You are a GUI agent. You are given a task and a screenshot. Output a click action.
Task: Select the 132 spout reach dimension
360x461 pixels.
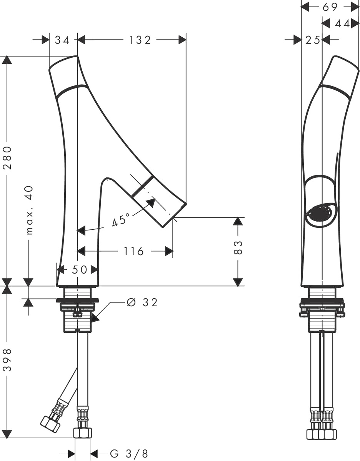(140, 40)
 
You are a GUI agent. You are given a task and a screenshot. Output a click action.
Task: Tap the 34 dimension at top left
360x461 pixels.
(62, 40)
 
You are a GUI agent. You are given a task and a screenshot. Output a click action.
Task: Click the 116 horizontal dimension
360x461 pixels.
(133, 251)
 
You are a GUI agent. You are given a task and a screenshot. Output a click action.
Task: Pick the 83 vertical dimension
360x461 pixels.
(238, 247)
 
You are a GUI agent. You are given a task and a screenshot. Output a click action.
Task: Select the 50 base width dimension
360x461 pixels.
(79, 269)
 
